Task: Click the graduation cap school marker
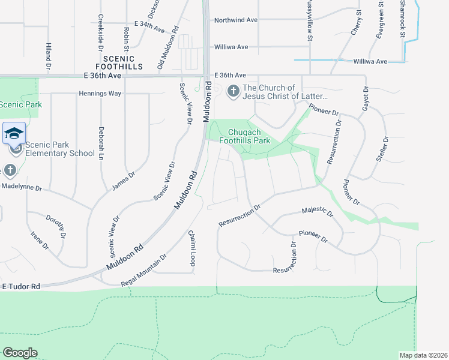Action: pos(14,133)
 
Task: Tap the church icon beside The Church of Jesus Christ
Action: pos(233,92)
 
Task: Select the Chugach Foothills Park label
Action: pos(249,136)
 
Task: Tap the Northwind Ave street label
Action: pos(236,20)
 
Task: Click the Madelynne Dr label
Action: pos(22,188)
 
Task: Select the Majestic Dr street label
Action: pos(317,211)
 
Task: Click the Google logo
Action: pos(20,353)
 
